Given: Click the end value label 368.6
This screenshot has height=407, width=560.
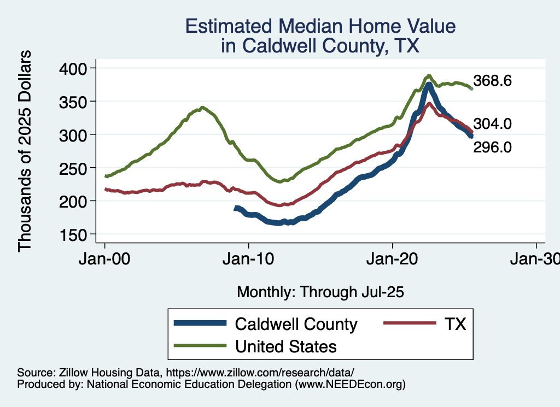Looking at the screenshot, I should pyautogui.click(x=492, y=81).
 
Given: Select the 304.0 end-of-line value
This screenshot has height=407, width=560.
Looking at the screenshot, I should pyautogui.click(x=492, y=124).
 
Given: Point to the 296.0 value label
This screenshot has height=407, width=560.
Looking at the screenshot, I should pyautogui.click(x=492, y=147).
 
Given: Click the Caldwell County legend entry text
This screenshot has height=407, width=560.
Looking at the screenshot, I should pyautogui.click(x=296, y=324).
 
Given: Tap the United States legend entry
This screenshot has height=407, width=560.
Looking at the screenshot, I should pyautogui.click(x=285, y=346).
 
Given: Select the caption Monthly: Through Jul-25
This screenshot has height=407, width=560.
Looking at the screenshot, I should pyautogui.click(x=320, y=292).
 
